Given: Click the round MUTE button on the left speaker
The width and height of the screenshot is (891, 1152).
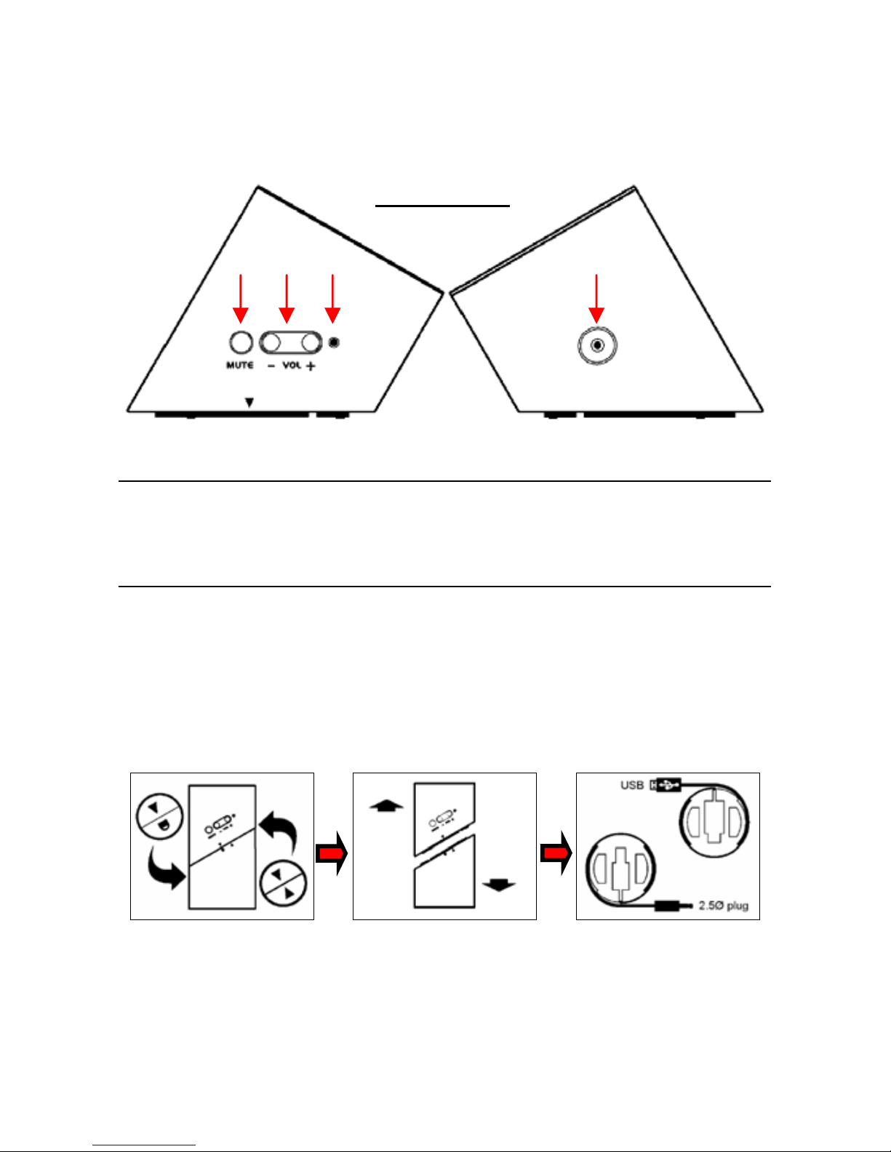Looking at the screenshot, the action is coord(241,342).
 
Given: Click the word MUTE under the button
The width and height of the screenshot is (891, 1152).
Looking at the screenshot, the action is coord(240,366).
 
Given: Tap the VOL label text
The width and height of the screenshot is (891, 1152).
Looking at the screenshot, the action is coord(291,366).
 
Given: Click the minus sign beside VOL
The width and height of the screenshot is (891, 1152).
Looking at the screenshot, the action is coord(271,366).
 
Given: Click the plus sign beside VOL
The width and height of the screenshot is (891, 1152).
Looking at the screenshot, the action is coord(311,366).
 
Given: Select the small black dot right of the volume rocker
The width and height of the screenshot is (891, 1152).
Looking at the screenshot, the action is coord(334,342).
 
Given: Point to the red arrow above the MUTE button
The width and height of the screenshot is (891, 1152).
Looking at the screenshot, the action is coord(241,299).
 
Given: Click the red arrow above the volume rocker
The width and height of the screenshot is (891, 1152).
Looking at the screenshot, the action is coord(287,299).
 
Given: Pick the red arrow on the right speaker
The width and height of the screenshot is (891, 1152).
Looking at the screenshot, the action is coord(596,299).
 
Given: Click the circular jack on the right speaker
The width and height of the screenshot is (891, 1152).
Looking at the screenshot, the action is coord(597,345).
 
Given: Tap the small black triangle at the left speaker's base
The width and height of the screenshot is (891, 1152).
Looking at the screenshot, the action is coord(249,403).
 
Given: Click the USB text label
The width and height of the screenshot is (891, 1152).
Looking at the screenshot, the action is coord(632,785).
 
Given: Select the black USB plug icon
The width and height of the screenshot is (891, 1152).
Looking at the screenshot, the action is coord(666,785).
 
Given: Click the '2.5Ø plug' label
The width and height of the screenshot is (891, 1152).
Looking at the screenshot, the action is coord(724,906).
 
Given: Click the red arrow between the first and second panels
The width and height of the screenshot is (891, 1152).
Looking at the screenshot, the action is coord(332,853).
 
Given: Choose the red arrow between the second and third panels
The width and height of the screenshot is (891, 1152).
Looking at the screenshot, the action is coord(556,853).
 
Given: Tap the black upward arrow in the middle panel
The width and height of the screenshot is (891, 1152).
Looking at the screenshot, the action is coord(387,806).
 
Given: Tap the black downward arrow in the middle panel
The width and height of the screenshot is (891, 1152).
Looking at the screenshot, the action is coord(499,885).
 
